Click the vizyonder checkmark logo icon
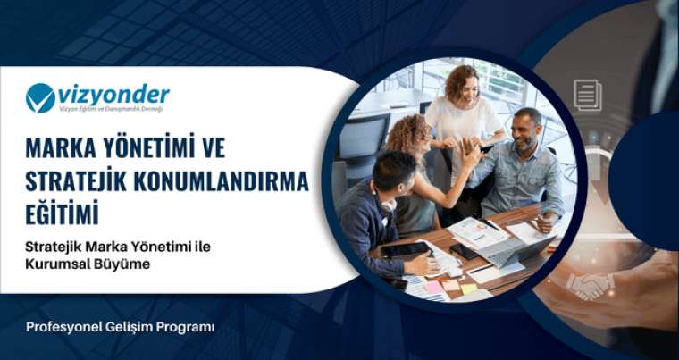pyautogui.click(x=40, y=97)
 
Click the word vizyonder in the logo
pyautogui.click(x=113, y=94)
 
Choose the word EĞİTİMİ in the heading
pyautogui.click(x=74, y=215)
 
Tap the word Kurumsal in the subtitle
pyautogui.click(x=56, y=265)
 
